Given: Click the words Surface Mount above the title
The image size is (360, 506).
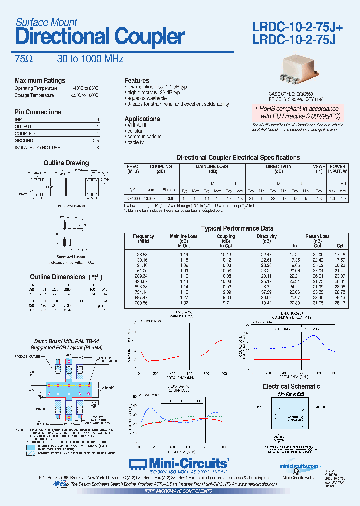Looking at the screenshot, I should pos(46,22).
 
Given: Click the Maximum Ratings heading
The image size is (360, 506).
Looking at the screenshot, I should pos(40,81).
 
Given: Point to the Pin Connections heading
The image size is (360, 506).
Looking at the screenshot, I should pos(38,112).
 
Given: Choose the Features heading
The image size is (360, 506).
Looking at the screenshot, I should pos(137,80).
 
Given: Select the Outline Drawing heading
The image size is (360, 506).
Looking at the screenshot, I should pos(66,163).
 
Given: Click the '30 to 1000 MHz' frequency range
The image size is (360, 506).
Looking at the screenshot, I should pos(90,59).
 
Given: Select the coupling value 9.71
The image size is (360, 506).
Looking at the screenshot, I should pos(226,303).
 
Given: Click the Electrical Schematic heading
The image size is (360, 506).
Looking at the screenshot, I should pos(291,386).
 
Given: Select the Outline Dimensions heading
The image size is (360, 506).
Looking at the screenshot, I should pos(58,277).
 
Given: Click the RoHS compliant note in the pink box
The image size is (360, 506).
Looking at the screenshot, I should pos(296,112).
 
